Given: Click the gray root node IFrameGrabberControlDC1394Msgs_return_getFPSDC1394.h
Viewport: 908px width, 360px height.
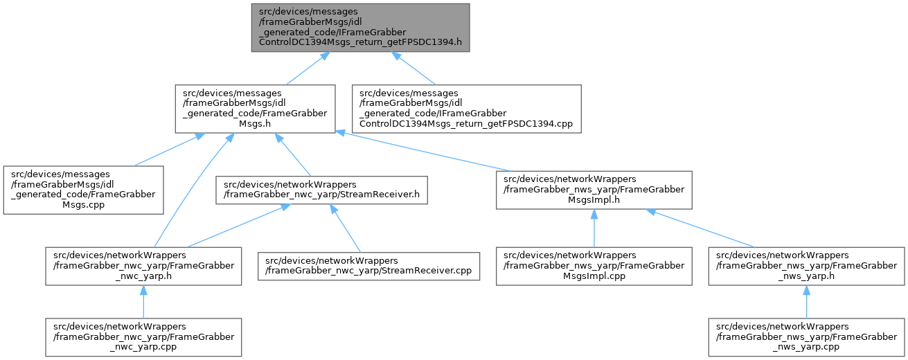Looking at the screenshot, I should [x=360, y=27].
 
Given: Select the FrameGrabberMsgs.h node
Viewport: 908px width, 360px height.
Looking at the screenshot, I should [x=256, y=109].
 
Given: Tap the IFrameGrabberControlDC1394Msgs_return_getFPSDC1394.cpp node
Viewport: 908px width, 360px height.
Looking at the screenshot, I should [x=466, y=109].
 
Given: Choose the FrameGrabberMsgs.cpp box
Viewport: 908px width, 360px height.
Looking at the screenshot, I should [x=83, y=189].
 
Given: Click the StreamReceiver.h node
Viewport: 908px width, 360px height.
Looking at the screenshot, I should [x=321, y=190].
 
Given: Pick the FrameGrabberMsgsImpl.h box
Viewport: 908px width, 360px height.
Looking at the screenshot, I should [x=594, y=189].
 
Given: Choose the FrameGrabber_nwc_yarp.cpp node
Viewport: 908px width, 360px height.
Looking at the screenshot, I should [x=143, y=337].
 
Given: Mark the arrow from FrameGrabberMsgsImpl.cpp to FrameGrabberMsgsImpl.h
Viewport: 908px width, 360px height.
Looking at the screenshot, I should [x=594, y=228].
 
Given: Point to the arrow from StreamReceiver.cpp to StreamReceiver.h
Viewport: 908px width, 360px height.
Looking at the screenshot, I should [x=346, y=229].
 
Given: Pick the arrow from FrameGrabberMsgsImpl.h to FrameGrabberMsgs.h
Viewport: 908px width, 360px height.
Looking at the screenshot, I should [x=422, y=150].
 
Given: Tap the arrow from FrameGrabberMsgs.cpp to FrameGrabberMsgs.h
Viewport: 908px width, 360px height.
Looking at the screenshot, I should [x=166, y=150].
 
